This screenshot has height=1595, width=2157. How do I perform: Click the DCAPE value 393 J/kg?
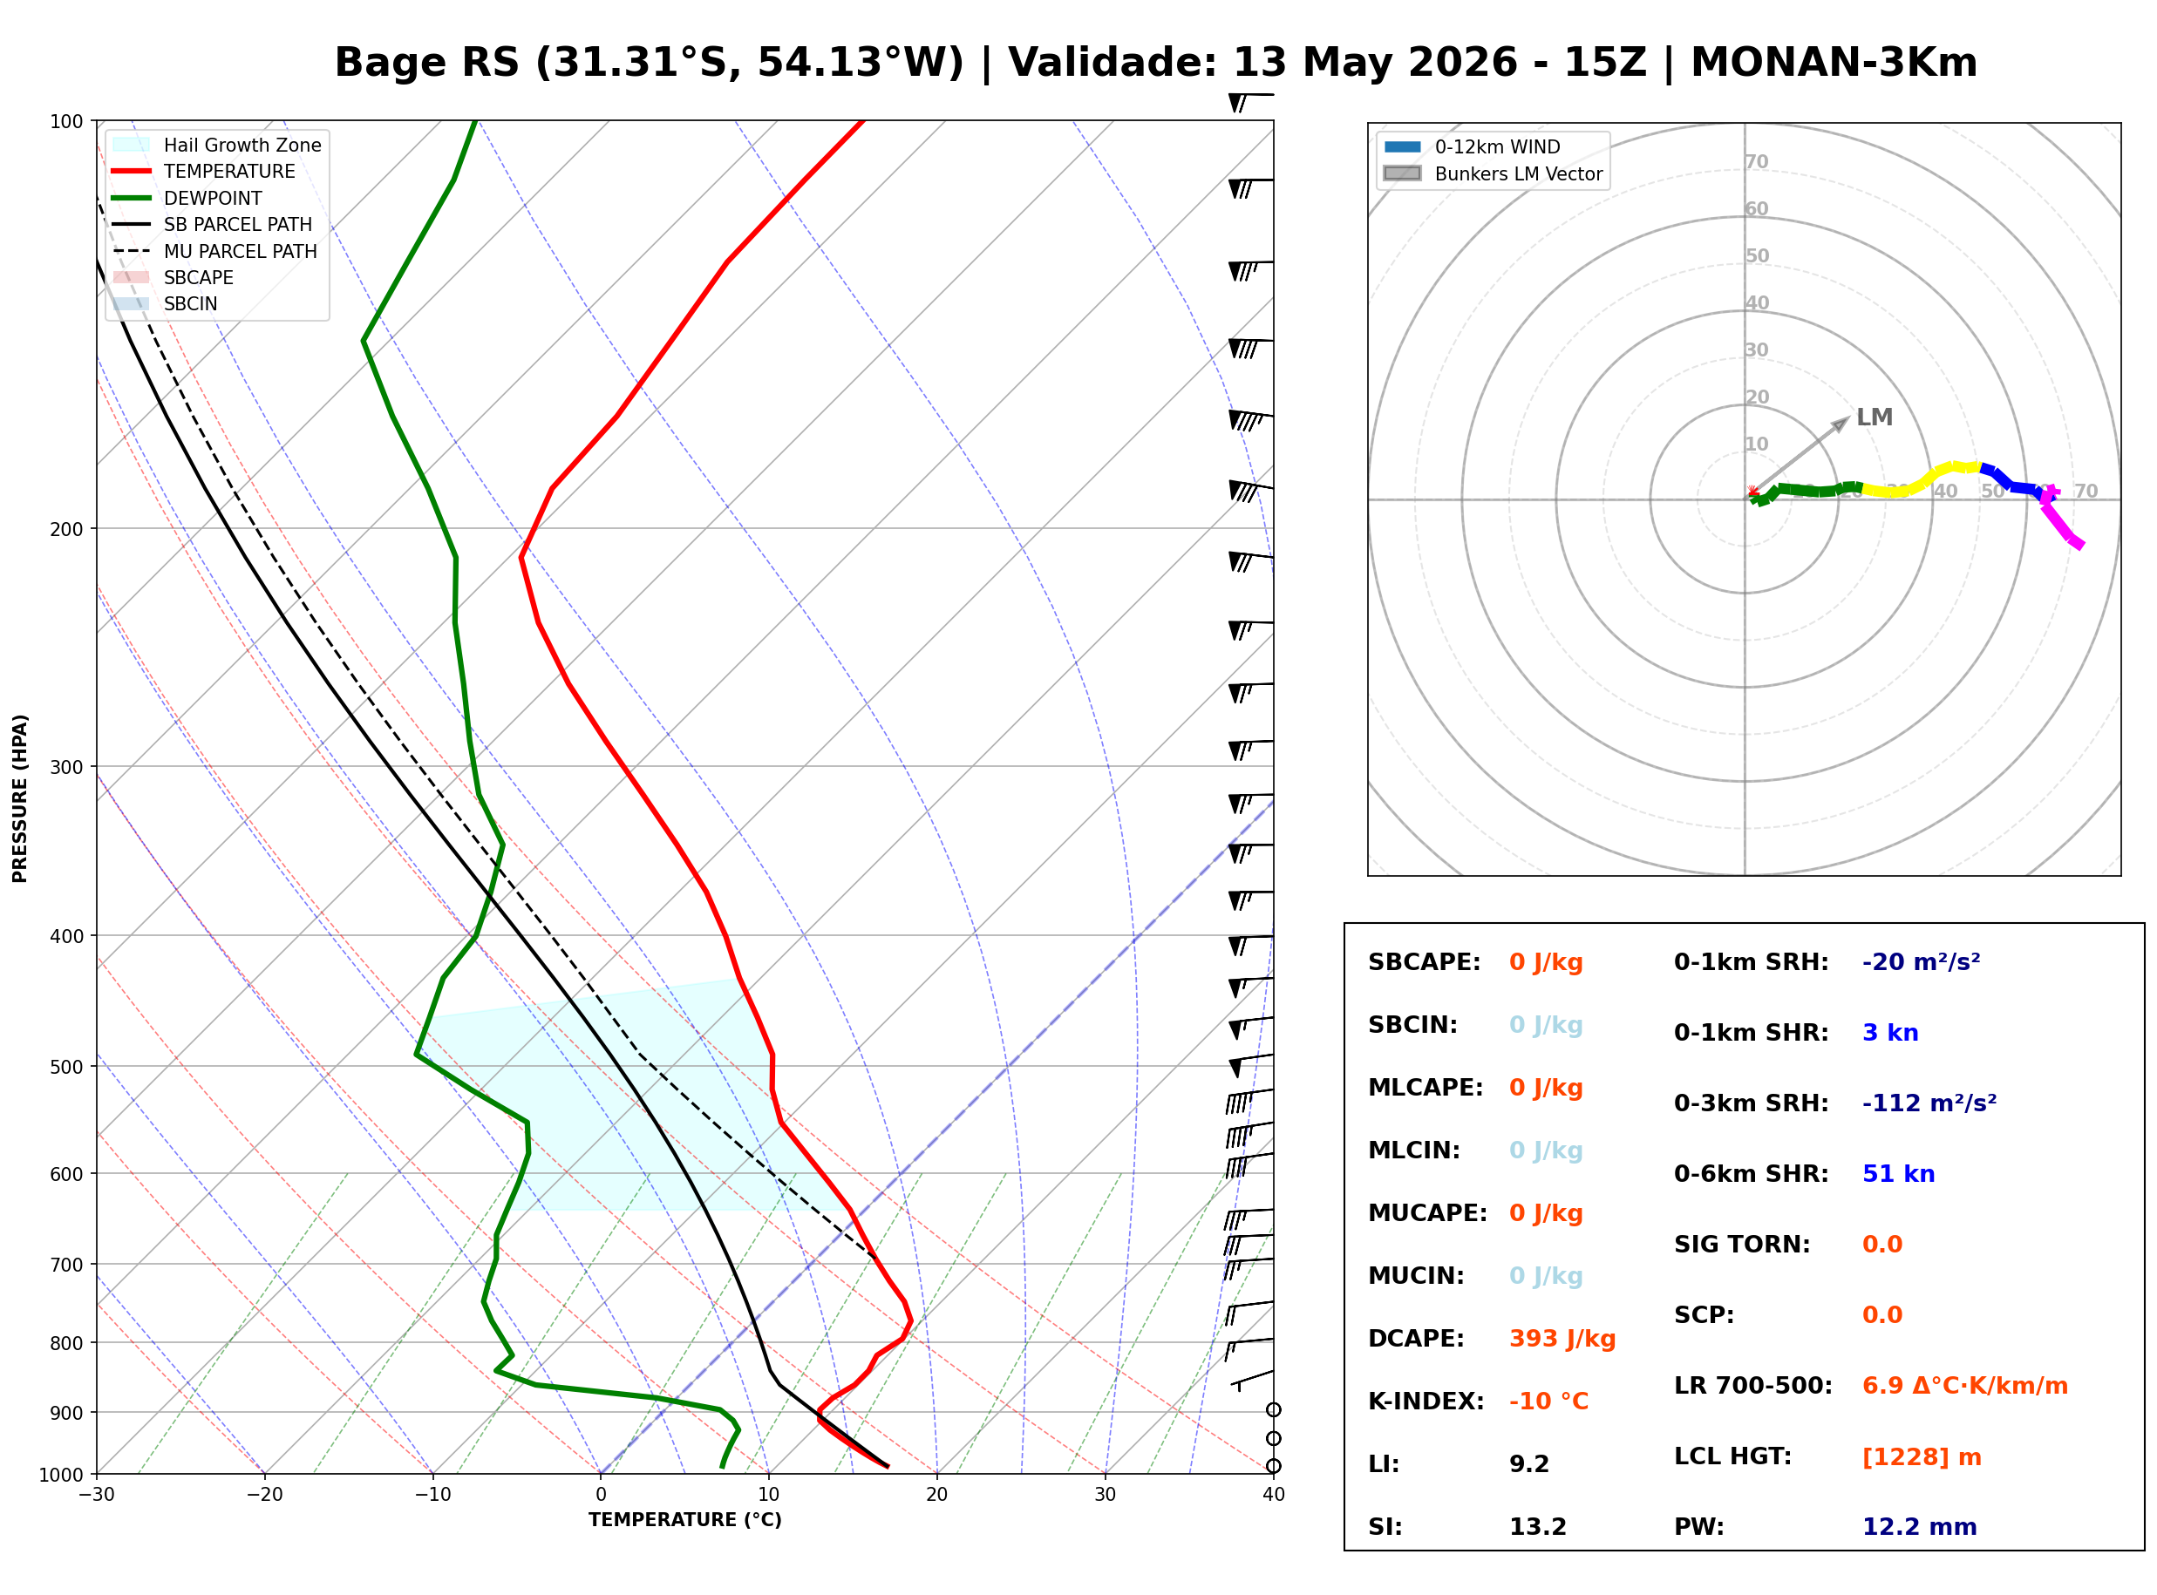click(1562, 1339)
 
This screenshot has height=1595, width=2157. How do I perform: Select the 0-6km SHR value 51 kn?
click(1897, 1174)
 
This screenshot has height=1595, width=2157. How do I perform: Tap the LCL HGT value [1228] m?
click(1922, 1457)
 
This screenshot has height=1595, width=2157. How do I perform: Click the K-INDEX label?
click(1426, 1402)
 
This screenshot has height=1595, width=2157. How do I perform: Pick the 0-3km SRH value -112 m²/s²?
click(1929, 1103)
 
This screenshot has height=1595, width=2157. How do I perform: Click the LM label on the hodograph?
click(1875, 417)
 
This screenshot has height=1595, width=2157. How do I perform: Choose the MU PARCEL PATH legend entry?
click(215, 251)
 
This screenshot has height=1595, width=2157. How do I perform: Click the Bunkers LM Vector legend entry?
click(1494, 173)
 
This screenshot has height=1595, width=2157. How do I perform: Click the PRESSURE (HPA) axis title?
click(20, 798)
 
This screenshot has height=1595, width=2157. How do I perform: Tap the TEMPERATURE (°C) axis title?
click(684, 1521)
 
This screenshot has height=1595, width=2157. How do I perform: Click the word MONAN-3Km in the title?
click(1834, 63)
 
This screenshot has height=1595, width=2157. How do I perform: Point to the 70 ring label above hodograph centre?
click(1756, 161)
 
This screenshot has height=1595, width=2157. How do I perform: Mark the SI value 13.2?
click(1538, 1527)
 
